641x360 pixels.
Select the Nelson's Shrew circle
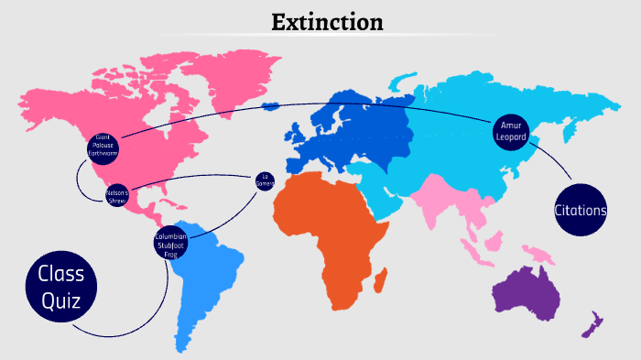(117, 196)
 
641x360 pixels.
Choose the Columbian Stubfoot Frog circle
(171, 244)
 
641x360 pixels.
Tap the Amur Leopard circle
(509, 130)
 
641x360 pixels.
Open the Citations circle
(580, 211)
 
